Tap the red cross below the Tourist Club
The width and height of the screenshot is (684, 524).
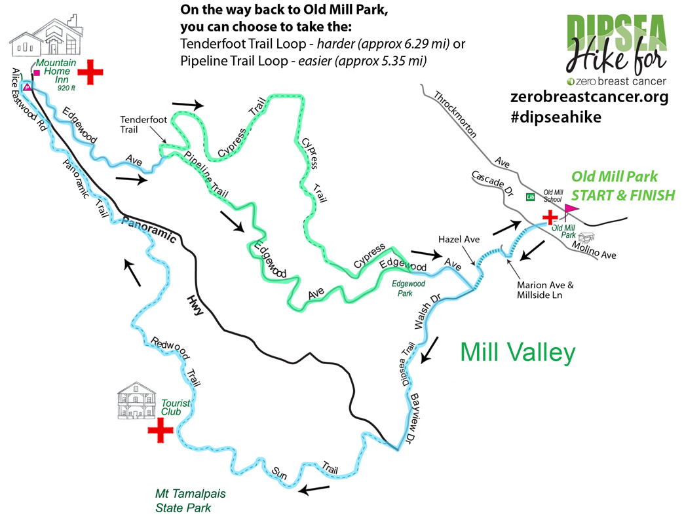point(160,431)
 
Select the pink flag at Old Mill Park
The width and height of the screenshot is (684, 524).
point(570,210)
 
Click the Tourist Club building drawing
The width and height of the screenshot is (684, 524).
point(137,400)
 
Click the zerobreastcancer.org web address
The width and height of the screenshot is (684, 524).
point(589,98)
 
